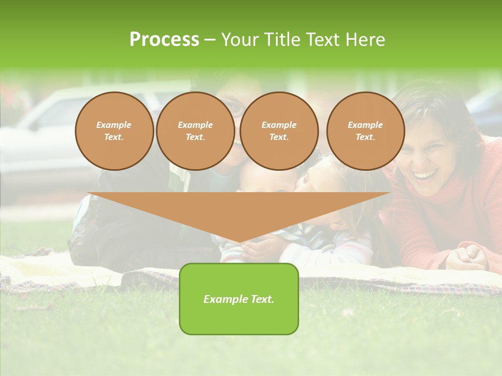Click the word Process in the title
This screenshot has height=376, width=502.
pyautogui.click(x=164, y=40)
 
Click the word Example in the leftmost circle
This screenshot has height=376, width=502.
pyautogui.click(x=114, y=125)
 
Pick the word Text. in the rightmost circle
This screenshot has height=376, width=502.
pyautogui.click(x=365, y=137)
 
